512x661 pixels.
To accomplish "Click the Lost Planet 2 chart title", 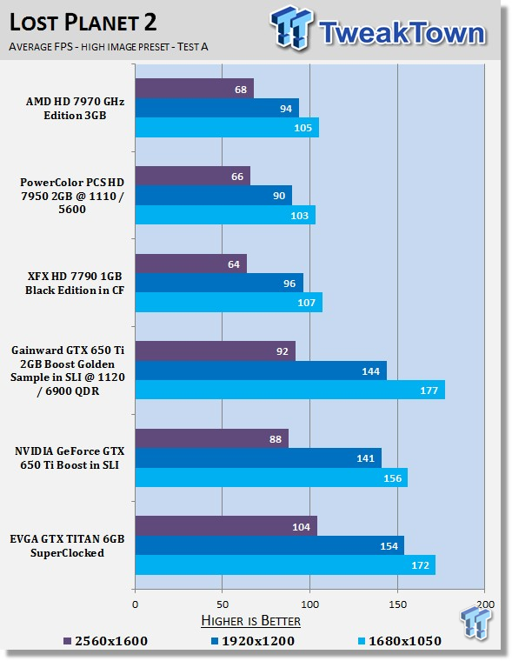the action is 83,23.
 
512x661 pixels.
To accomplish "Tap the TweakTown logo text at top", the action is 402,32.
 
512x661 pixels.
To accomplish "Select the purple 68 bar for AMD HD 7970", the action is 194,89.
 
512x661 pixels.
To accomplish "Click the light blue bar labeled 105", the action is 227,127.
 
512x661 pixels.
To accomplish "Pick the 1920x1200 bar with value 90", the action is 214,196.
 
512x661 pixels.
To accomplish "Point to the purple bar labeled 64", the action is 191,264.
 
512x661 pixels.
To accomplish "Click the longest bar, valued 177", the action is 290,390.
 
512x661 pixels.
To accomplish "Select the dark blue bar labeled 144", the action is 261,371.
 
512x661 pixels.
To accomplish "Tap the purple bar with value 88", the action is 212,439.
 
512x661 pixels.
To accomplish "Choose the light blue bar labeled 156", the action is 271,477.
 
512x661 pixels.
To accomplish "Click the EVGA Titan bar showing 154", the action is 269,545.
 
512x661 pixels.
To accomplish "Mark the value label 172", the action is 420,564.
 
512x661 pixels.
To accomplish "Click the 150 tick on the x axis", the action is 397,604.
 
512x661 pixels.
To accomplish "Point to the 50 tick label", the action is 223,604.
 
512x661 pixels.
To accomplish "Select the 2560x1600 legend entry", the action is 106,641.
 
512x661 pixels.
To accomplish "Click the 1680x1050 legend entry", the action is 400,641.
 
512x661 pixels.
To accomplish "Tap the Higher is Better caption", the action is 250,620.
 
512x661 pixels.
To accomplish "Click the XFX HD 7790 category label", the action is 75,284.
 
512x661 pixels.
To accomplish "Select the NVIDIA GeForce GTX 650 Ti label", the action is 70,458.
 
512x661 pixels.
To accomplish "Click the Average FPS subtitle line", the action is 109,46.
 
